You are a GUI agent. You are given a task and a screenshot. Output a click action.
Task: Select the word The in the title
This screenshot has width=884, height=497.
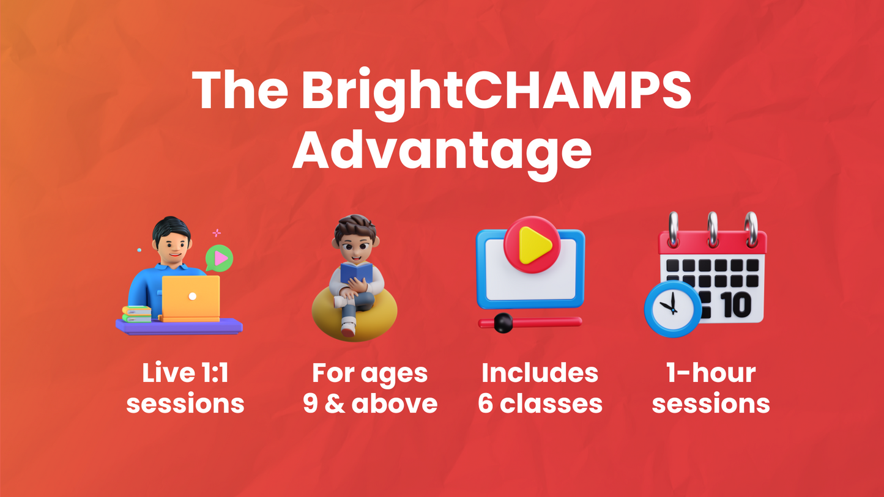coord(240,90)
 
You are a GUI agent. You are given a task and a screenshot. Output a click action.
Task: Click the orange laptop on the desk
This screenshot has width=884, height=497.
coord(190,298)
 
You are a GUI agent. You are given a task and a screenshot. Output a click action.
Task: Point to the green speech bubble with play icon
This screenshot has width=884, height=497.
coord(219,259)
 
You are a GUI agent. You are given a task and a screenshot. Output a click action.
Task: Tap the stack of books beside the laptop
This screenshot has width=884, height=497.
coord(137,314)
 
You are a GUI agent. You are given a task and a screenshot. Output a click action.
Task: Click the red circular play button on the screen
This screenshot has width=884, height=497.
coord(532,245)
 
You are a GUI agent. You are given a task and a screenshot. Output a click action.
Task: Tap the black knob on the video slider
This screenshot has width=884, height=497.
coord(503,323)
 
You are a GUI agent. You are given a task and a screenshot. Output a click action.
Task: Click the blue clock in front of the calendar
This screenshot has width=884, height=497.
coord(672,309)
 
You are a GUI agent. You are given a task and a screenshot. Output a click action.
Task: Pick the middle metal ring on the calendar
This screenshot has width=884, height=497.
coord(712,230)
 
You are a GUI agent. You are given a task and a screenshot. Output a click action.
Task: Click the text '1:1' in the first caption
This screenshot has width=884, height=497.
coord(215,373)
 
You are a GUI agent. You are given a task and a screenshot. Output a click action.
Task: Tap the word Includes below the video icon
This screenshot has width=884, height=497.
coord(540,373)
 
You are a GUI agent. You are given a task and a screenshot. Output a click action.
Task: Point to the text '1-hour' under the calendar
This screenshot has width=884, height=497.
coord(711,373)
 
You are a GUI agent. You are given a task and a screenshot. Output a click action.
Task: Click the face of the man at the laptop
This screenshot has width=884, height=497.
coord(173,248)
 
